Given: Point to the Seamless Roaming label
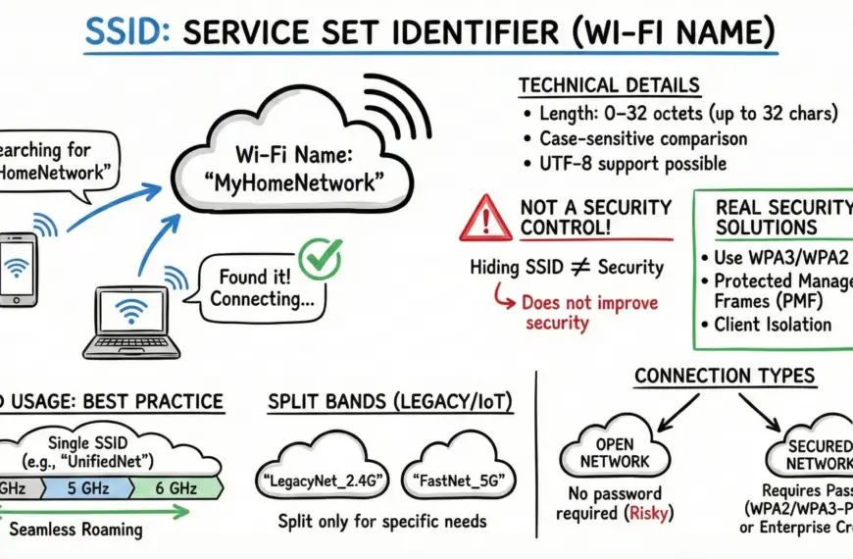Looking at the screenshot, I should click(x=75, y=531).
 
